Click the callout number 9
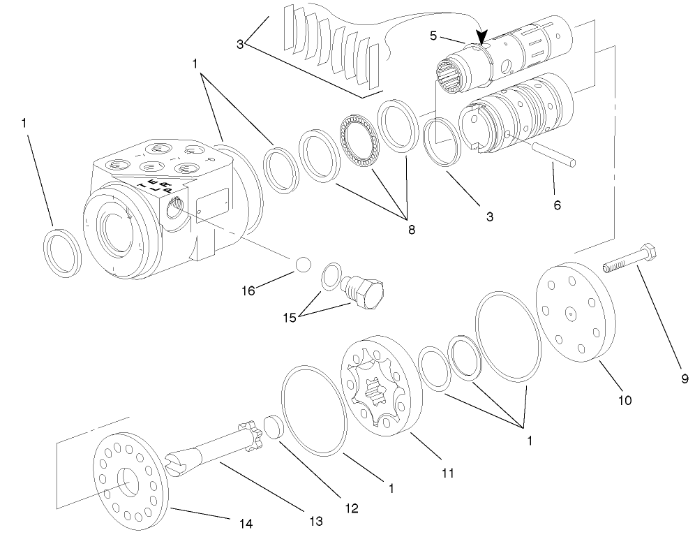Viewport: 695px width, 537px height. (x=685, y=379)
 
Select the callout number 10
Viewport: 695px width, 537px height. (x=625, y=400)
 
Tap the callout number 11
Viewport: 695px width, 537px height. (x=447, y=473)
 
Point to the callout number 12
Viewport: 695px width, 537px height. (x=351, y=508)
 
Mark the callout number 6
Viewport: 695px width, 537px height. (x=556, y=205)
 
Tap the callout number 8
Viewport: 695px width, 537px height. (x=411, y=228)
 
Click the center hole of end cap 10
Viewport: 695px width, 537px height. (x=571, y=315)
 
